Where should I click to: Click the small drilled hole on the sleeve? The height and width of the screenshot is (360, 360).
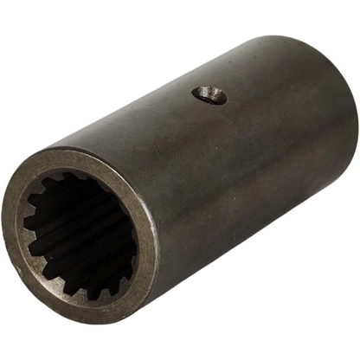pos(209,94)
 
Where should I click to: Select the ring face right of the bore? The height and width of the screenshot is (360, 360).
pos(150,251)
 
